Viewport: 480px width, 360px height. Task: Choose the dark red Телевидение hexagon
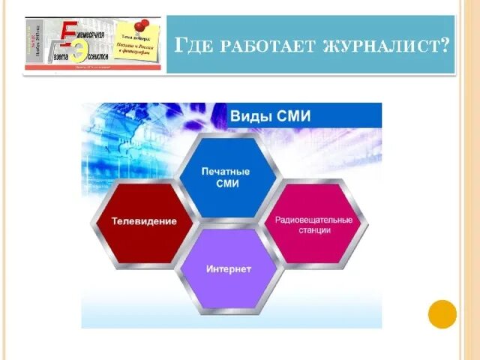(x=143, y=221)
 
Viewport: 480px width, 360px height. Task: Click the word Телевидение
(x=144, y=222)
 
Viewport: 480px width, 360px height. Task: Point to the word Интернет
(x=229, y=268)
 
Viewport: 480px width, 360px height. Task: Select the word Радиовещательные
(x=313, y=220)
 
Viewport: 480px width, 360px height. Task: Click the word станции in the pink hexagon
(x=313, y=232)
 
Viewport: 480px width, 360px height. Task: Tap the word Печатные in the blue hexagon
(x=226, y=172)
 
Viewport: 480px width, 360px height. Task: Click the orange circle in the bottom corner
(x=442, y=313)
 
